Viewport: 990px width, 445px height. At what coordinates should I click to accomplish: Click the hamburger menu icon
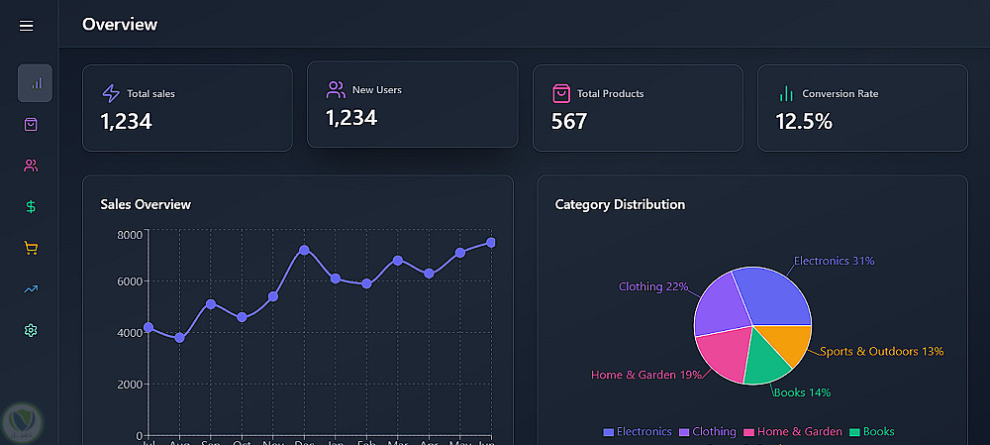[x=27, y=26]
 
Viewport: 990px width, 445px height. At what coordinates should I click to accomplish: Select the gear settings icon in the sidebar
[x=32, y=330]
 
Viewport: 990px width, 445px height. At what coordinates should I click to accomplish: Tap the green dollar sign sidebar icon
[x=32, y=207]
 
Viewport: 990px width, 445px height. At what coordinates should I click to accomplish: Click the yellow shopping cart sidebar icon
[x=32, y=249]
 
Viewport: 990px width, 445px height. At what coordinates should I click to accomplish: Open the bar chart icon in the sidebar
[x=35, y=83]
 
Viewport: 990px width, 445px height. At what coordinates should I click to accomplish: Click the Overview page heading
[x=120, y=25]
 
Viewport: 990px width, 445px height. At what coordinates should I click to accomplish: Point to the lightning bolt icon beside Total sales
[x=111, y=93]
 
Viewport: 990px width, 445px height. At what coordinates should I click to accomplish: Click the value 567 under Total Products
[x=569, y=122]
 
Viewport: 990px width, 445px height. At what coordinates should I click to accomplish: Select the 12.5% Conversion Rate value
[x=804, y=122]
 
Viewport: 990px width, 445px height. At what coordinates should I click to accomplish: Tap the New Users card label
[x=377, y=90]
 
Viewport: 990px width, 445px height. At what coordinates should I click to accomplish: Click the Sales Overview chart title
[x=146, y=204]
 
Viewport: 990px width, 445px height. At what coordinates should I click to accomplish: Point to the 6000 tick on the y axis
[x=129, y=281]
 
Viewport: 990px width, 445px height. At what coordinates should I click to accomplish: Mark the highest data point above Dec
[x=304, y=250]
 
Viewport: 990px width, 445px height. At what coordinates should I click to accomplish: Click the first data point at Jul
[x=148, y=327]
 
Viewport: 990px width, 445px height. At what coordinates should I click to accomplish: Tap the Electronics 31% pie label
[x=834, y=262]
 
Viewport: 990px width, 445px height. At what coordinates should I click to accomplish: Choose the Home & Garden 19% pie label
[x=645, y=375]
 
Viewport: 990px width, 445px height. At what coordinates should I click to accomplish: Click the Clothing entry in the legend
[x=714, y=432]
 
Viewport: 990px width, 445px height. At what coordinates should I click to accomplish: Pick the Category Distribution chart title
[x=620, y=204]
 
